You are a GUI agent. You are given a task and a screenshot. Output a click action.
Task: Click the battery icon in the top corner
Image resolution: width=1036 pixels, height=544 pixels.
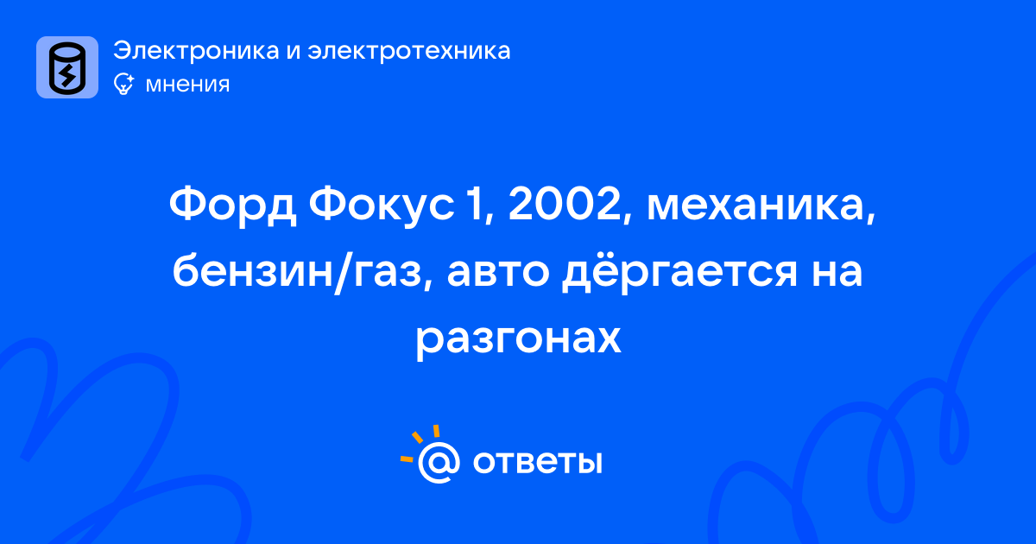(x=67, y=67)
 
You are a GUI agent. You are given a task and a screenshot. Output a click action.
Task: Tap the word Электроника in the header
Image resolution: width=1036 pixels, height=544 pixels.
(x=196, y=50)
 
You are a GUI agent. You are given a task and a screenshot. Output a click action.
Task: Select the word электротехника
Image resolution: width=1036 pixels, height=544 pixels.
(x=409, y=51)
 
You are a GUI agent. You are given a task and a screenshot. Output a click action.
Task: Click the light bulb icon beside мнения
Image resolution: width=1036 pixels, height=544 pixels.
(x=123, y=84)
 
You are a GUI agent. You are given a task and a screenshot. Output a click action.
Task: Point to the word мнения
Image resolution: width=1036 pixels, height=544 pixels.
(x=187, y=85)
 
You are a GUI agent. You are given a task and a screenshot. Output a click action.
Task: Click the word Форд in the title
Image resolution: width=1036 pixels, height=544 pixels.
(x=232, y=205)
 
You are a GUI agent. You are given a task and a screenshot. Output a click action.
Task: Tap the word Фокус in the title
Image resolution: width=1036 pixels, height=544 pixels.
(x=381, y=205)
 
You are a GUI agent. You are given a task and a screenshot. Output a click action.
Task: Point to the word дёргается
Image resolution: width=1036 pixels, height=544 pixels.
(x=680, y=271)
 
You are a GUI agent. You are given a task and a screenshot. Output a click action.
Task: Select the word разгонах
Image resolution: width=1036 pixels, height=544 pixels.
(x=518, y=339)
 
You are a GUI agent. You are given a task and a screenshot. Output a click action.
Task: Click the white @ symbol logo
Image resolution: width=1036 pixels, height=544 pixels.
(x=439, y=462)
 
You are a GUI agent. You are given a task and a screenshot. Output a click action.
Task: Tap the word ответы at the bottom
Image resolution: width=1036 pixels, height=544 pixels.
(x=537, y=462)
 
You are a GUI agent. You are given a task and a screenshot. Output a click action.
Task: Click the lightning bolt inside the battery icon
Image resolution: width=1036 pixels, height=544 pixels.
(x=67, y=74)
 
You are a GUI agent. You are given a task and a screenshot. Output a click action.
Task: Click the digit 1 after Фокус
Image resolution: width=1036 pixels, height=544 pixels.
(x=477, y=204)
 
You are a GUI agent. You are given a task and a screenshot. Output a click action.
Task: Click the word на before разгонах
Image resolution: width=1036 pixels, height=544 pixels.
(x=837, y=273)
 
